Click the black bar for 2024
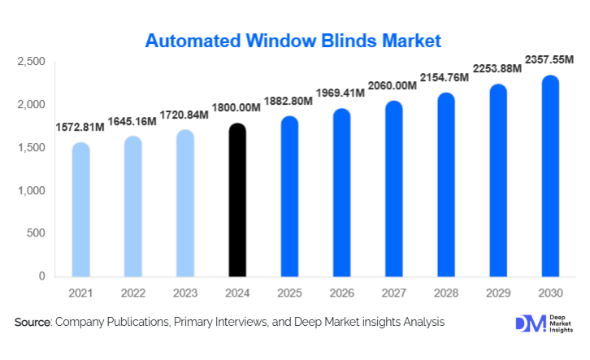coord(236,201)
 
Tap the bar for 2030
coord(550,176)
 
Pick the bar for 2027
coord(393,189)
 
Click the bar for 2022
coord(133,206)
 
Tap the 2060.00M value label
coord(393,85)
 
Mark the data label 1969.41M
coord(341,93)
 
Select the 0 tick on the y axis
coord(41,277)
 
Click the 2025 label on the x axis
coord(288,292)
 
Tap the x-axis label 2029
coord(497,292)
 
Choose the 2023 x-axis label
coord(184,292)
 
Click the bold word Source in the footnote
coord(33,323)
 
